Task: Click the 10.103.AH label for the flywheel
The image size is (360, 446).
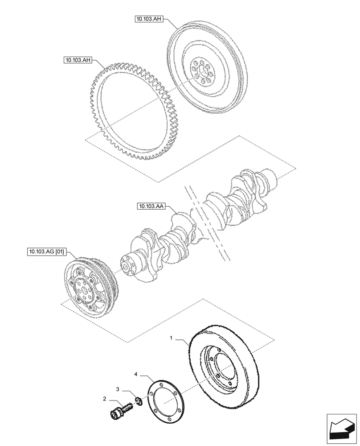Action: click(x=149, y=19)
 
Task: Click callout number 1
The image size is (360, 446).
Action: click(x=172, y=339)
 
